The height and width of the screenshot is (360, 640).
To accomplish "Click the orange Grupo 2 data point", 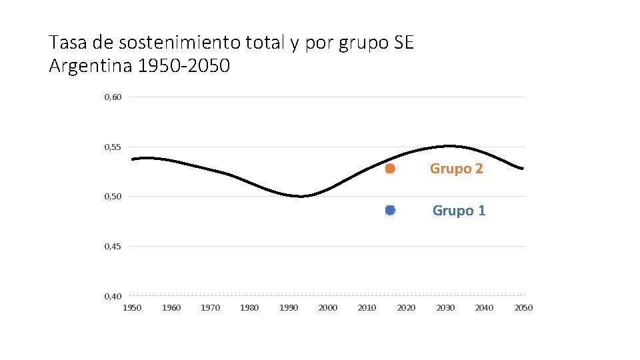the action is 390,168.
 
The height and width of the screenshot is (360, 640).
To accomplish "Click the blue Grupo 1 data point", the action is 390,210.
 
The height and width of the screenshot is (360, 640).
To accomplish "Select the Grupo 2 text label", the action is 456,169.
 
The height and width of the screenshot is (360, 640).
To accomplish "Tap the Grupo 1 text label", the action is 459,211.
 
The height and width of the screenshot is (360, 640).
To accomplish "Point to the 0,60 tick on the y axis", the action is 113,97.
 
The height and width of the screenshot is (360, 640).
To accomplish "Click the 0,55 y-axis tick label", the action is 113,147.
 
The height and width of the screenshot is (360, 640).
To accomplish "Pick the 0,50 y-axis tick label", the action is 113,197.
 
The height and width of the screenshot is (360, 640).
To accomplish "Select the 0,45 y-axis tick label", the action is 113,247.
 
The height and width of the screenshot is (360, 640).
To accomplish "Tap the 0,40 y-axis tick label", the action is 113,296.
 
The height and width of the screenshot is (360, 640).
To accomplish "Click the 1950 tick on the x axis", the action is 132,308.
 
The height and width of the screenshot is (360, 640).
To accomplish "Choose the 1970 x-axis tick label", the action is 210,308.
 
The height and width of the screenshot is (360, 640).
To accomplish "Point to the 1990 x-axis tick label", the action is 289,308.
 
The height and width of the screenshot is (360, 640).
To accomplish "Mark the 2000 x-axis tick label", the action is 328,308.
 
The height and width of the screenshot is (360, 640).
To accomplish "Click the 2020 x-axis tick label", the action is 406,308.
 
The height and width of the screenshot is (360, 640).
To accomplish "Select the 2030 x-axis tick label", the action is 445,308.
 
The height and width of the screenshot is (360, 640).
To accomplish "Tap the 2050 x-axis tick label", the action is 524,308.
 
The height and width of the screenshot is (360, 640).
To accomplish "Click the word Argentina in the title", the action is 91,66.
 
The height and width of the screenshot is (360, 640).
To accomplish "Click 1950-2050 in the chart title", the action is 184,66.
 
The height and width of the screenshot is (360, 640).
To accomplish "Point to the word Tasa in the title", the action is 68,43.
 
